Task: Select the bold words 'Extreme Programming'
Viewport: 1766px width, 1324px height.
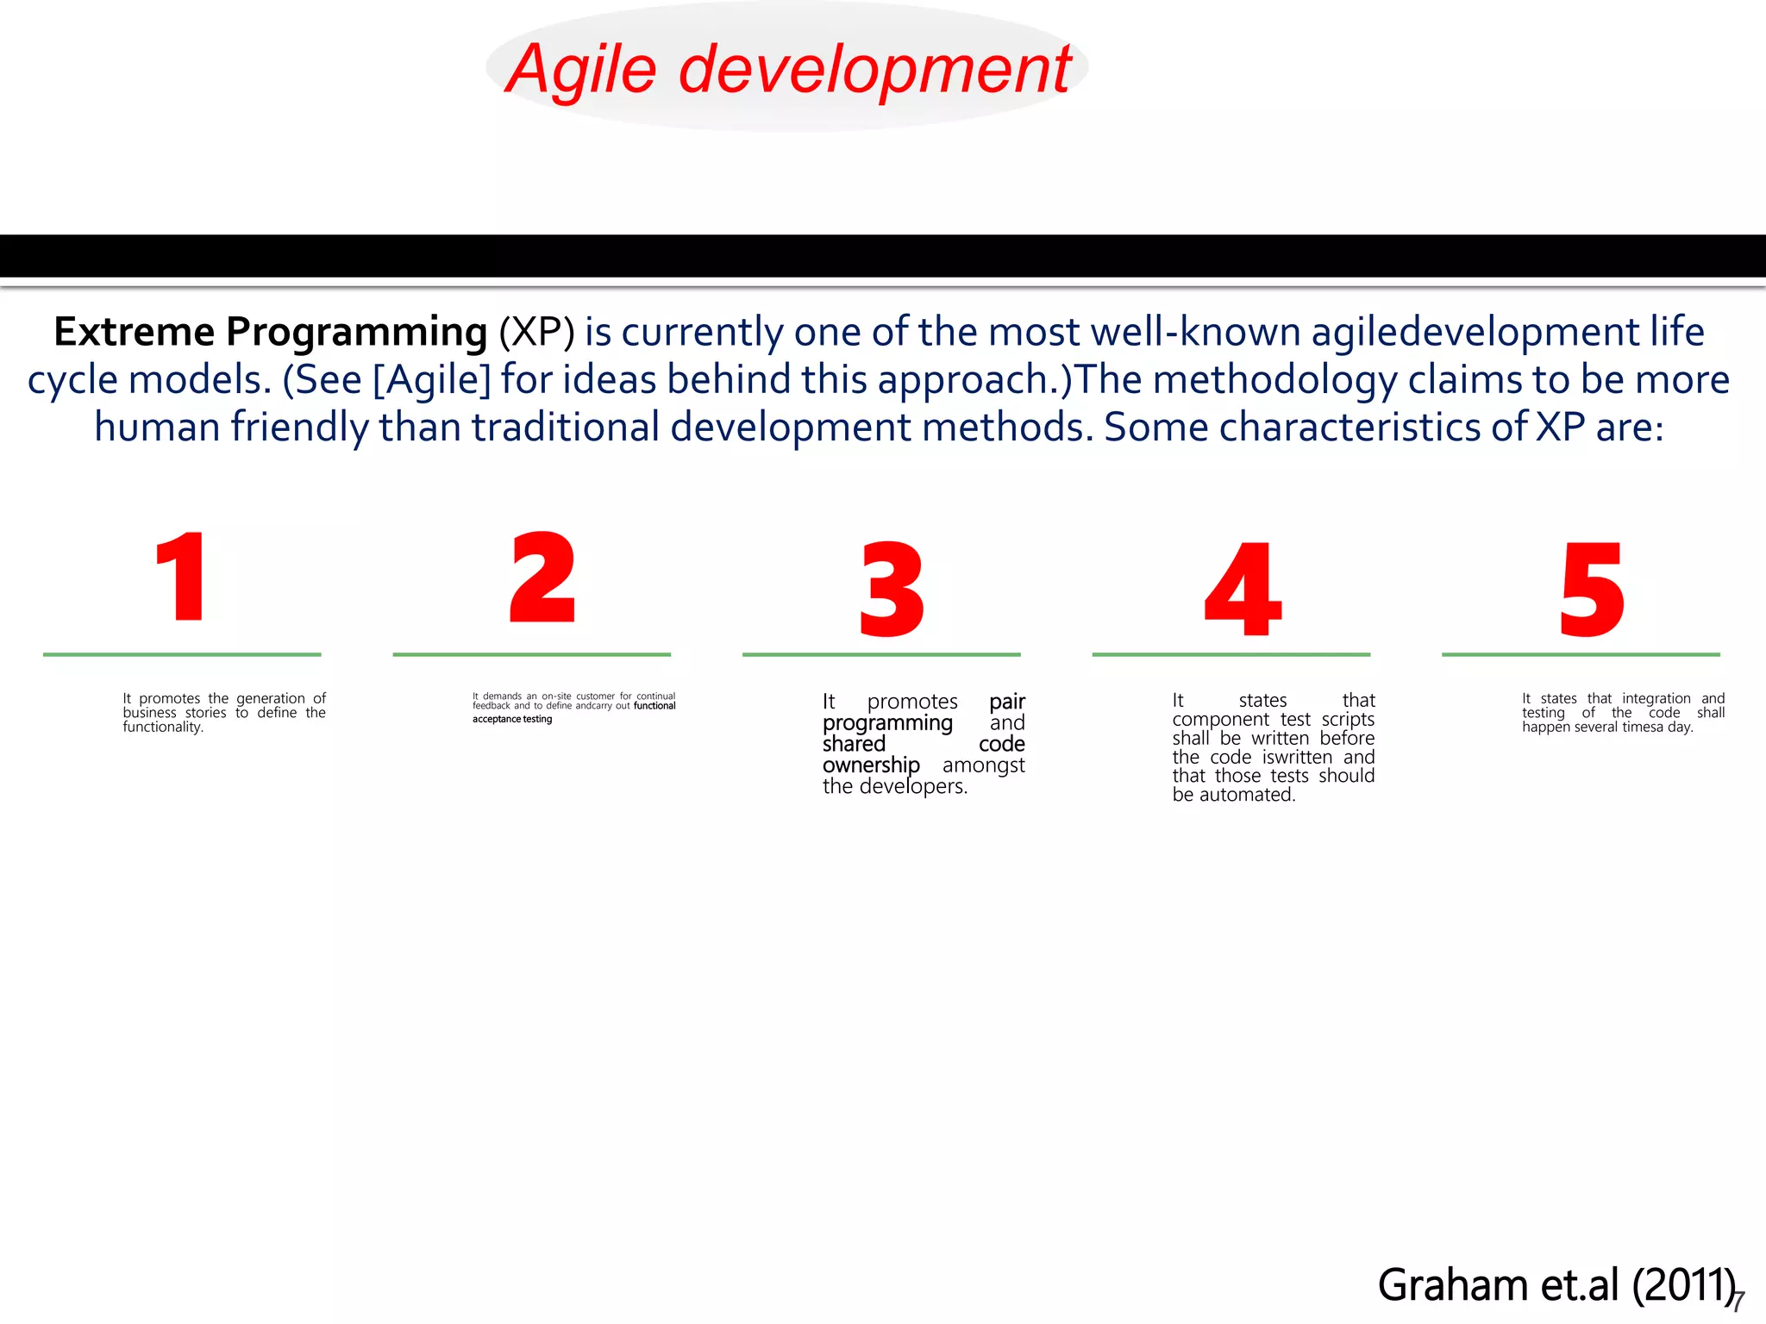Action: (270, 333)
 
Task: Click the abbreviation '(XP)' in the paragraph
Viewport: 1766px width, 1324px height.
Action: (536, 333)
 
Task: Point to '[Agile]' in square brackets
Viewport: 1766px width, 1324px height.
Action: (431, 380)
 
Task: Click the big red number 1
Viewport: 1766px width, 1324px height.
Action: (181, 578)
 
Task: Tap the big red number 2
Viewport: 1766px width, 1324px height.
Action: (542, 578)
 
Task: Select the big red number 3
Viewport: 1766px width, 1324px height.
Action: (892, 590)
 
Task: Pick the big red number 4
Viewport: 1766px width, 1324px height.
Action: (1242, 590)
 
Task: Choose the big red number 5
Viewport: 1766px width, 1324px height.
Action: (1592, 590)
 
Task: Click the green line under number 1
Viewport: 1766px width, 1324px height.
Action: (182, 654)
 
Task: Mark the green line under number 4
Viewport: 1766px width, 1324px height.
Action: (1231, 654)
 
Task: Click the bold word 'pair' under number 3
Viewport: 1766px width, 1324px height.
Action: (1006, 702)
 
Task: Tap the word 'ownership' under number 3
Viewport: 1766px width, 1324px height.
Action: (871, 765)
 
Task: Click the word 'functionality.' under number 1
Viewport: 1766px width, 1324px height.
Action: (163, 728)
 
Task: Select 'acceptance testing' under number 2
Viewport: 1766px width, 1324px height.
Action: (512, 719)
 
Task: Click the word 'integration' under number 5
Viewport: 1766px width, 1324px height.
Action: (1656, 698)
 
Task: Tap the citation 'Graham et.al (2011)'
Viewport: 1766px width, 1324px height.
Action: (1556, 1285)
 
